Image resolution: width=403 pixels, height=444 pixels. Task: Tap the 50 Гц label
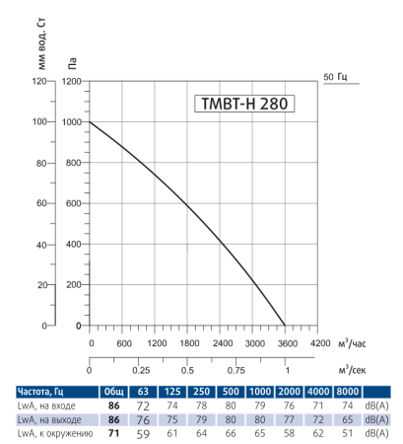[335, 76]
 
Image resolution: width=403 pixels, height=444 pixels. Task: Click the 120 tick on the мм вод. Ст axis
[38, 82]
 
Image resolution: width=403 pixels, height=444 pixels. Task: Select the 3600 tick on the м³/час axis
[286, 343]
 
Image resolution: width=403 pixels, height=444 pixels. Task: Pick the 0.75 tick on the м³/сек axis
[236, 371]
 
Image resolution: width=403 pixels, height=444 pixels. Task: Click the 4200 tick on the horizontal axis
[319, 343]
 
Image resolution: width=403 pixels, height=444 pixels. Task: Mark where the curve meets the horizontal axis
[286, 326]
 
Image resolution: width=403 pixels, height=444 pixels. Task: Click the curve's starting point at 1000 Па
[90, 122]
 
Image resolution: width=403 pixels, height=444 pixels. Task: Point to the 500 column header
[232, 392]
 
